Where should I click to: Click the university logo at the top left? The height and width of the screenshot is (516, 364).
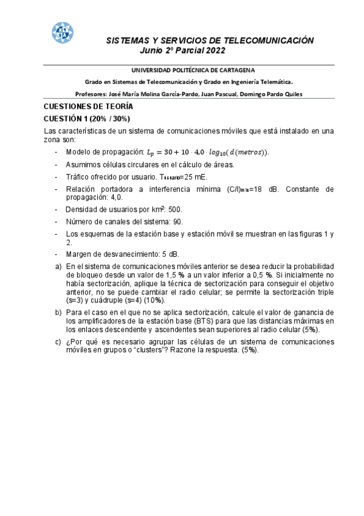tap(61, 34)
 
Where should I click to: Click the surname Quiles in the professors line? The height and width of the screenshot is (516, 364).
tap(289, 94)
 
